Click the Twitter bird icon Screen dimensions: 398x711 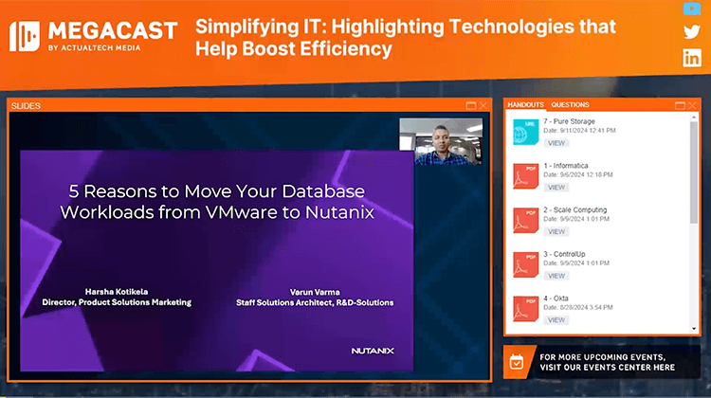tap(692, 32)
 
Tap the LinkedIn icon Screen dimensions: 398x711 tap(692, 58)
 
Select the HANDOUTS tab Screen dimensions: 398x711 tap(526, 104)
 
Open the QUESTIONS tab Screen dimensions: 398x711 tap(570, 104)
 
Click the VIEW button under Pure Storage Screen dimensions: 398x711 tap(556, 143)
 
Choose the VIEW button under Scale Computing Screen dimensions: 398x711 tap(556, 231)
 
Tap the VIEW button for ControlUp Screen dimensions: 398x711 tap(556, 276)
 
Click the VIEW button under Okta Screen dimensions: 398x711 tap(556, 319)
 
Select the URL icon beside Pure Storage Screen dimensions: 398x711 tap(525, 133)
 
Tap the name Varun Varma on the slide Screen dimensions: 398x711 tap(314, 291)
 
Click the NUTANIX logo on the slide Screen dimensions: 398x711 tap(373, 351)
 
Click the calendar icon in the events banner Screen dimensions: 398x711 tap(517, 361)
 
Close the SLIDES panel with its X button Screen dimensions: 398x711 tap(483, 105)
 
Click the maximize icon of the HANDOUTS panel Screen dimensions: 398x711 tap(680, 105)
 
